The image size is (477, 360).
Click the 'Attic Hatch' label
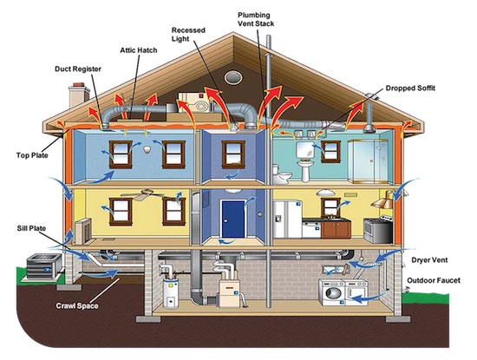tap(139, 50)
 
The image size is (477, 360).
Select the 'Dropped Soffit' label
tap(410, 88)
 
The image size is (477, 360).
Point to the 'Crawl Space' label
tap(77, 305)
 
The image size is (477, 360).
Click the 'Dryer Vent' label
tap(429, 260)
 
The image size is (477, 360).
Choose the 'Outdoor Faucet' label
tap(434, 280)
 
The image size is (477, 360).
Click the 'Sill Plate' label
tap(31, 228)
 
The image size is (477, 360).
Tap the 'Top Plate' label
tap(32, 155)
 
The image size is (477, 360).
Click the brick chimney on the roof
tap(79, 95)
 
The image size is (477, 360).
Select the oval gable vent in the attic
tap(233, 77)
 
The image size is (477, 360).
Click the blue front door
tap(233, 219)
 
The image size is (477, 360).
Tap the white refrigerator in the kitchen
tap(287, 219)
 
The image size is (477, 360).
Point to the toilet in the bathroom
tap(282, 174)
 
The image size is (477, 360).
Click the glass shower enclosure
tap(368, 161)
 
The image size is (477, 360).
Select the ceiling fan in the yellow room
tap(143, 194)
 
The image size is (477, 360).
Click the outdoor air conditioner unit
tap(44, 266)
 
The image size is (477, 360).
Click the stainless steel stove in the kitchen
tap(378, 230)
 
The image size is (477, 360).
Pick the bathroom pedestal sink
tap(305, 170)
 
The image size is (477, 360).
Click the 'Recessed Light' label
tap(188, 35)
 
